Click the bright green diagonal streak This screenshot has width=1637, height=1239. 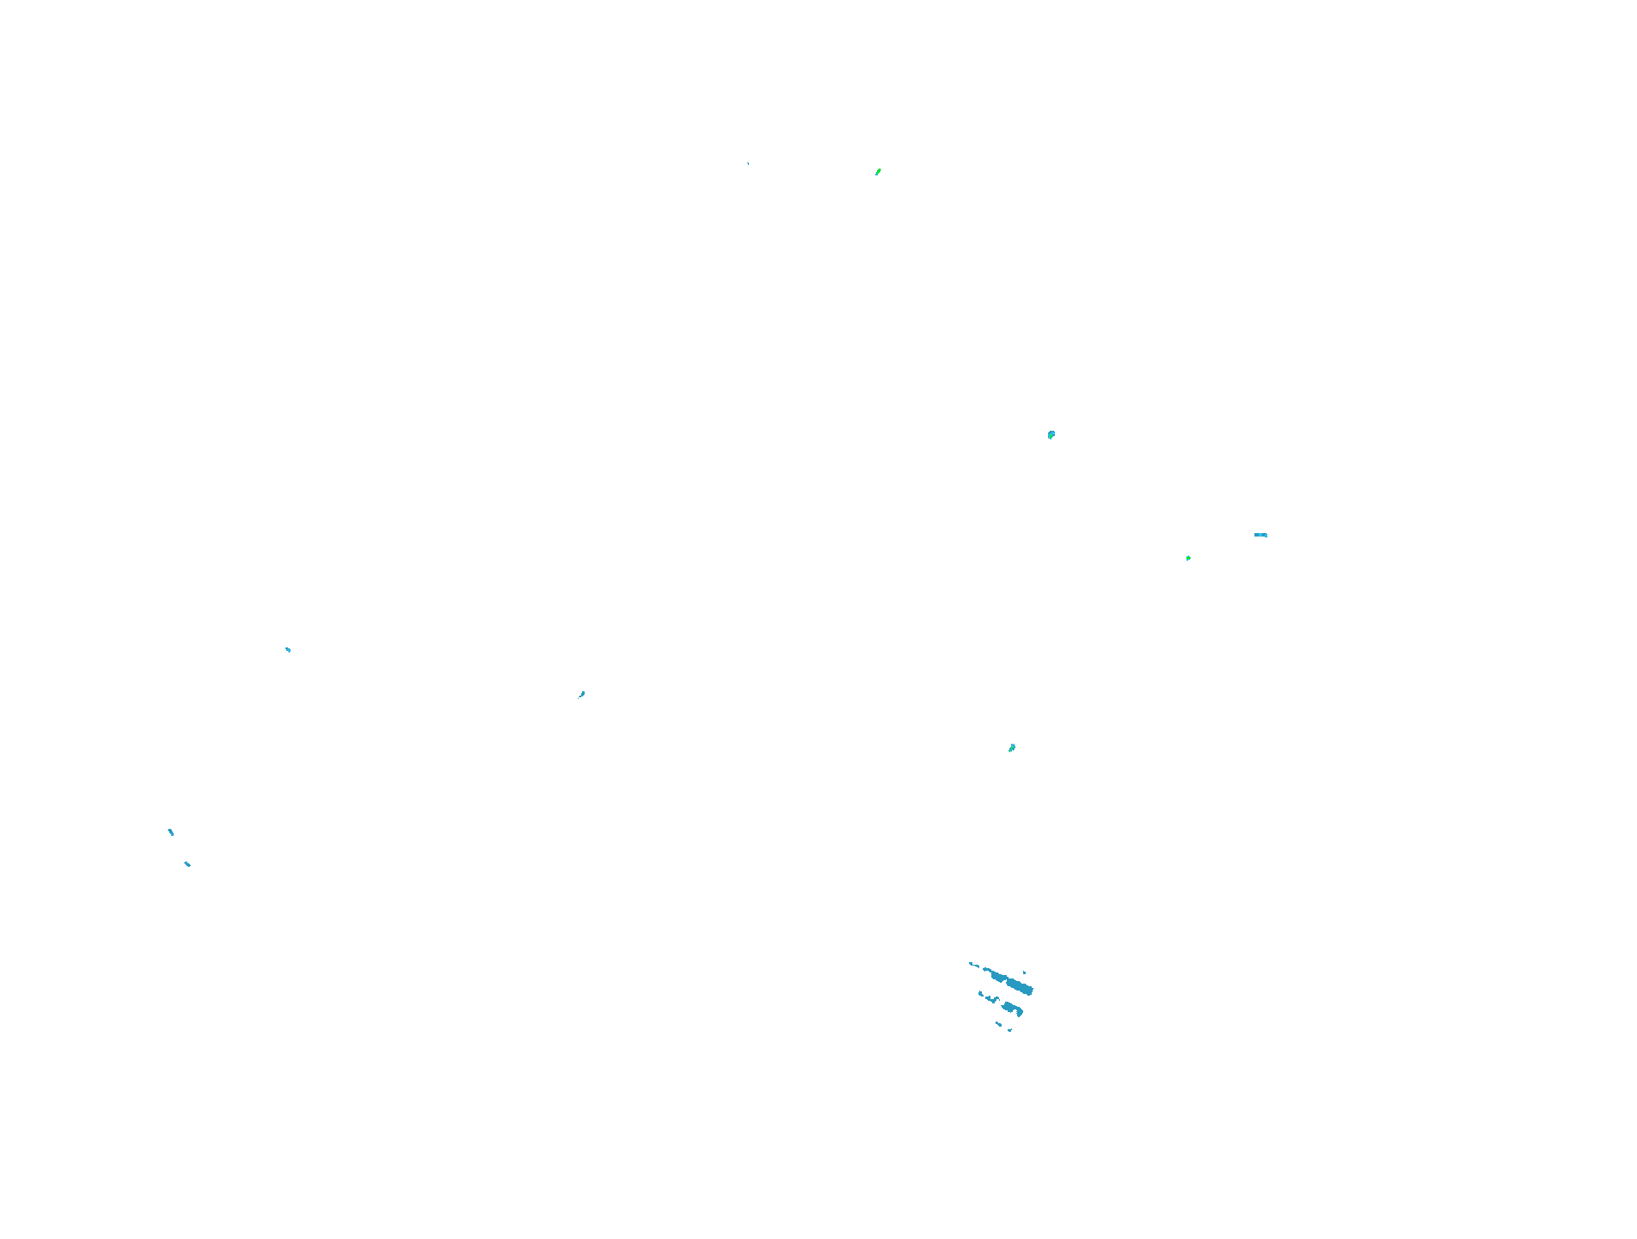tap(878, 172)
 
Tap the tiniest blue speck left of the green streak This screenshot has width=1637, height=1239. tap(748, 163)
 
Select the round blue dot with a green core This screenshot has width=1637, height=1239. tap(1051, 435)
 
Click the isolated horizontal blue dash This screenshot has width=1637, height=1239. tap(1260, 535)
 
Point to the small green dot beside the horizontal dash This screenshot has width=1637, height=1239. tap(1188, 558)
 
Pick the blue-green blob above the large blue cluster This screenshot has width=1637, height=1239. tap(1012, 748)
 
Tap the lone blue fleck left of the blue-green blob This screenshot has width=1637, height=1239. tap(582, 694)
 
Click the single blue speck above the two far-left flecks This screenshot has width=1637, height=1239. tap(288, 649)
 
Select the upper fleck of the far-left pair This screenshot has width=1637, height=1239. tap(171, 831)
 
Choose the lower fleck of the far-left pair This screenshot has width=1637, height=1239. tap(187, 863)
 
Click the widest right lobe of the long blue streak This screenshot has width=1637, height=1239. tap(1021, 986)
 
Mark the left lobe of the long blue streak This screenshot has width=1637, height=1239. tap(997, 976)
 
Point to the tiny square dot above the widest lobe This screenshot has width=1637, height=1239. tap(1024, 972)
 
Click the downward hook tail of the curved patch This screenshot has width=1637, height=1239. tap(1020, 1014)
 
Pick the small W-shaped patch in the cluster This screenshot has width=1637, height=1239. tap(993, 999)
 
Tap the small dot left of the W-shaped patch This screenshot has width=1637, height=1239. tap(981, 994)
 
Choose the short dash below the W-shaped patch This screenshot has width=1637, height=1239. tap(999, 1023)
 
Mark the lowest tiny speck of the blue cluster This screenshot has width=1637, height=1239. tap(1010, 1029)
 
